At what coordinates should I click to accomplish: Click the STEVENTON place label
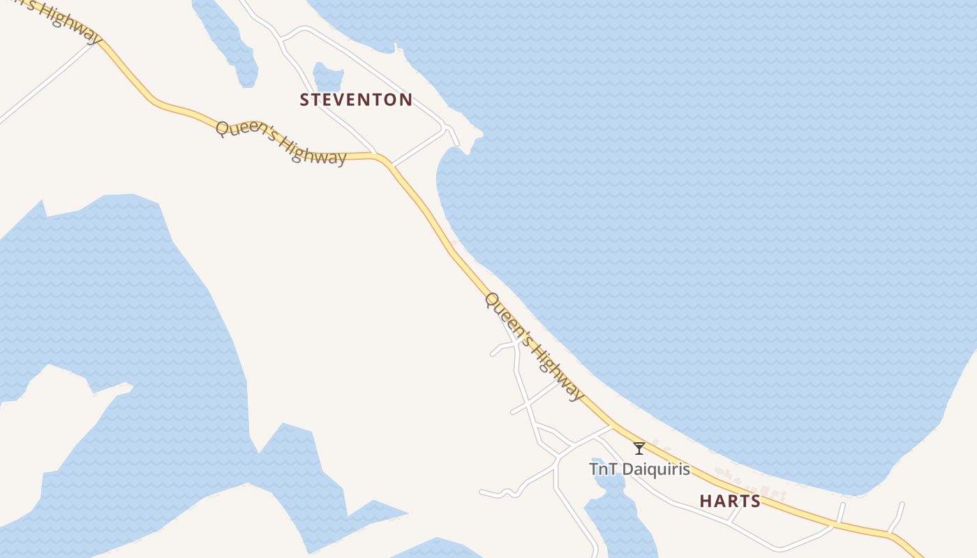pyautogui.click(x=356, y=100)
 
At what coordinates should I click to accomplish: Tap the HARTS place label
pyautogui.click(x=730, y=501)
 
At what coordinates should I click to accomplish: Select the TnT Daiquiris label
pyautogui.click(x=639, y=469)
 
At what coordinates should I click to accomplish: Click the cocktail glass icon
pyautogui.click(x=639, y=448)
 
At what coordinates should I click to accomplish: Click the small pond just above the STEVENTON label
pyautogui.click(x=327, y=76)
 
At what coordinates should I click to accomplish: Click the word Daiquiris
pyautogui.click(x=655, y=469)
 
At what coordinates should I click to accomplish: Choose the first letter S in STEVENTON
pyautogui.click(x=304, y=100)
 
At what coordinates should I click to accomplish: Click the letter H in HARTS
pyautogui.click(x=705, y=501)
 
